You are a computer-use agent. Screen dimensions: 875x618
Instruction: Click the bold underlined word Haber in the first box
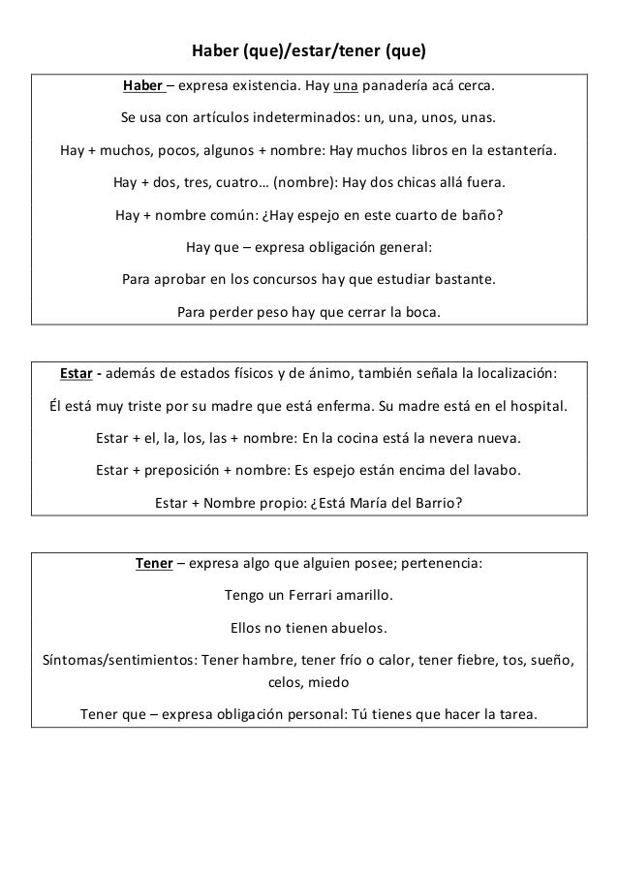[x=141, y=90]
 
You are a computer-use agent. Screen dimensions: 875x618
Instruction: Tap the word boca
[x=420, y=312]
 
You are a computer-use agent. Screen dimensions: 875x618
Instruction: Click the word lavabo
[x=492, y=471]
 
